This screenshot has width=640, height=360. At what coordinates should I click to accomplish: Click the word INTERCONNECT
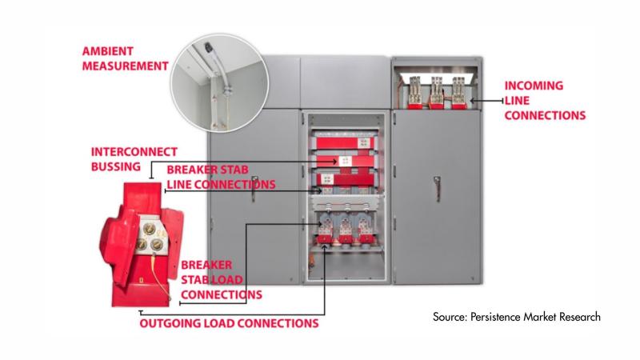pyautogui.click(x=134, y=151)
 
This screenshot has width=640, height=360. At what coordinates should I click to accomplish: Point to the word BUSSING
pyautogui.click(x=116, y=166)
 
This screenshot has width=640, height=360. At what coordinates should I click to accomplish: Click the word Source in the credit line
pyautogui.click(x=452, y=318)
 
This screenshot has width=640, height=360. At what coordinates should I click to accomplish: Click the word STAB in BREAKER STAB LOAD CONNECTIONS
pyautogui.click(x=198, y=279)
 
